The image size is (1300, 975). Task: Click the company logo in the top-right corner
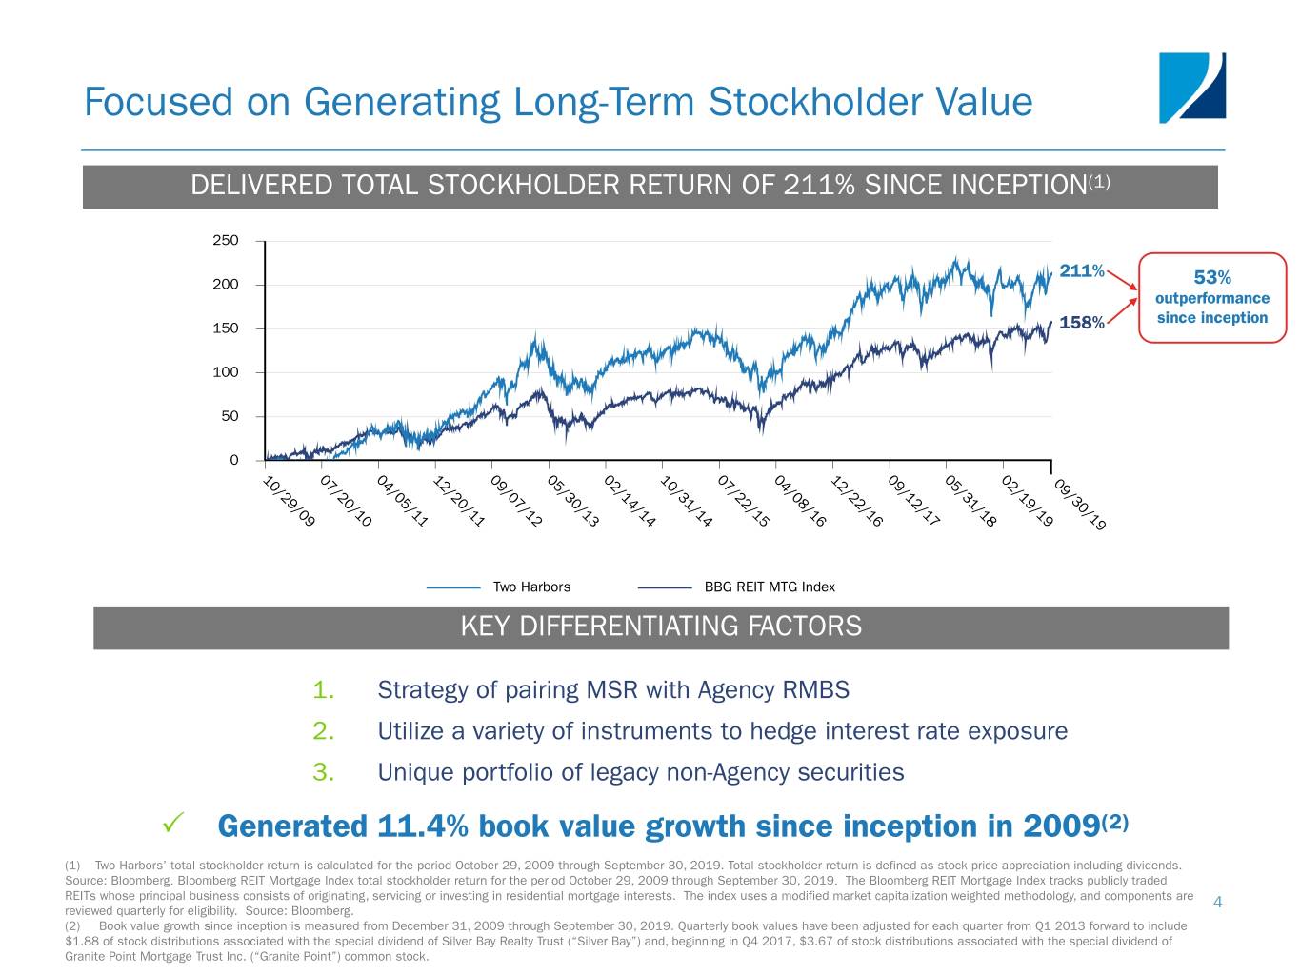tap(1191, 88)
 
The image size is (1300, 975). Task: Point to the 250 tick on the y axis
tap(226, 241)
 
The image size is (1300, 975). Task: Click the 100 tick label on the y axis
tap(226, 372)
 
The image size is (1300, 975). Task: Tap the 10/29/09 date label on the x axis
tap(289, 501)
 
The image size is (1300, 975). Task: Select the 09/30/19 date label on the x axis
tap(1080, 505)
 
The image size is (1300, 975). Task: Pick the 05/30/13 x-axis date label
tap(573, 501)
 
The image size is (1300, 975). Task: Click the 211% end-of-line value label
tap(1081, 271)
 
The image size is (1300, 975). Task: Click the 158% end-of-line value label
tap(1081, 323)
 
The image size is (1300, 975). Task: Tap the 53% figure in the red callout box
tap(1211, 277)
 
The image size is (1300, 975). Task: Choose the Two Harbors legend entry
tap(531, 587)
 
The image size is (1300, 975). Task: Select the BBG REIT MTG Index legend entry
tap(769, 587)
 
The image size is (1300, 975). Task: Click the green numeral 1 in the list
tap(323, 689)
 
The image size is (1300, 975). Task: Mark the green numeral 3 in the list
tap(323, 772)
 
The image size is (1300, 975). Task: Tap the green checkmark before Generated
tap(173, 822)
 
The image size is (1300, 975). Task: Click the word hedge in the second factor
tap(781, 731)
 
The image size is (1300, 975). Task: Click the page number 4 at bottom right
tap(1217, 903)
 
